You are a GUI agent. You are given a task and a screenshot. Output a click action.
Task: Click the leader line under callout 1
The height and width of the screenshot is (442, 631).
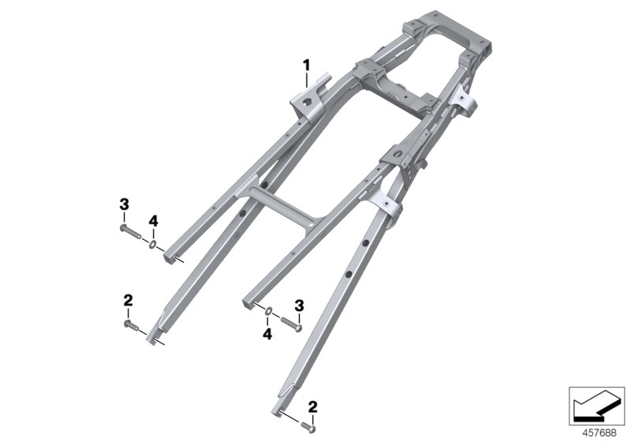click(308, 78)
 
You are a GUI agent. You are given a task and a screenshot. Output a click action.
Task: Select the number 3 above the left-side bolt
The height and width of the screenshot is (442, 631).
click(124, 204)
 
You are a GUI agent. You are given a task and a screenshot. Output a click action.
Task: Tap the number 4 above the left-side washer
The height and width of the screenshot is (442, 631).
click(154, 219)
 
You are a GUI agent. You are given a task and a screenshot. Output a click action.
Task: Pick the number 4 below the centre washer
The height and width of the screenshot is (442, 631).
click(267, 335)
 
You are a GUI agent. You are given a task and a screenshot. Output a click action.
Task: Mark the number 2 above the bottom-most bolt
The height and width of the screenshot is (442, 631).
click(313, 406)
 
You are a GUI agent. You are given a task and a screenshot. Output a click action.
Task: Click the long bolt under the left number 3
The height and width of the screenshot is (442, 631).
click(131, 232)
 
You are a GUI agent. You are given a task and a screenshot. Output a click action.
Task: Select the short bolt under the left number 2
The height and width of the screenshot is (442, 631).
click(131, 323)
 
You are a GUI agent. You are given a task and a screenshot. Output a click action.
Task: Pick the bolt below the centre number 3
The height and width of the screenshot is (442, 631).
click(293, 321)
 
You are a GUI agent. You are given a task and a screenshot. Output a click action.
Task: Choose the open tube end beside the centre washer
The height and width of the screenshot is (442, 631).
click(248, 302)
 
